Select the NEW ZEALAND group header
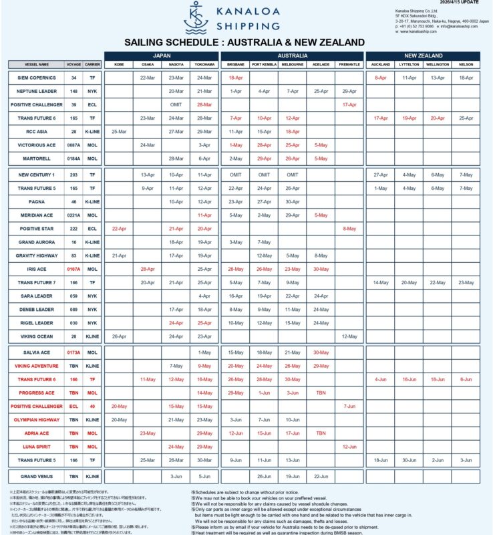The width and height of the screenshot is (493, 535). click(x=423, y=56)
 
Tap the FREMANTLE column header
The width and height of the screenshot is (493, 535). click(x=349, y=64)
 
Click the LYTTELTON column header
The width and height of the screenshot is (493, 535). click(x=409, y=64)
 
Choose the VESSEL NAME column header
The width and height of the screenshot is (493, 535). click(x=37, y=64)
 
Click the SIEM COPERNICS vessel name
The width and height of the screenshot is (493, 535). click(x=37, y=78)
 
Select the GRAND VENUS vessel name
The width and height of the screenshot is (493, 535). click(x=37, y=476)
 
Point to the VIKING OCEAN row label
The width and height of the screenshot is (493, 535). click(x=37, y=336)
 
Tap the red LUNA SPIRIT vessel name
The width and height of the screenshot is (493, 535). click(x=37, y=446)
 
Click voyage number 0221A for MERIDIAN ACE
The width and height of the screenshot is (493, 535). click(x=73, y=215)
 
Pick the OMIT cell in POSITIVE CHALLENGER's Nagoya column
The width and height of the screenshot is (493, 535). click(x=176, y=104)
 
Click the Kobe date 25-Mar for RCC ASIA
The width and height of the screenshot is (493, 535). click(x=119, y=131)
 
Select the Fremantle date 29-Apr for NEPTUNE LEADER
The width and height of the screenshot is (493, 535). click(x=349, y=91)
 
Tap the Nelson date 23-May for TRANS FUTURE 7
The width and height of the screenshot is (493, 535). click(x=466, y=282)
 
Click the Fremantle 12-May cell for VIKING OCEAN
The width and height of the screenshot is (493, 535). click(x=349, y=336)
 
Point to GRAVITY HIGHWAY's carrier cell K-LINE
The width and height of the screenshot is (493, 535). click(x=92, y=255)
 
